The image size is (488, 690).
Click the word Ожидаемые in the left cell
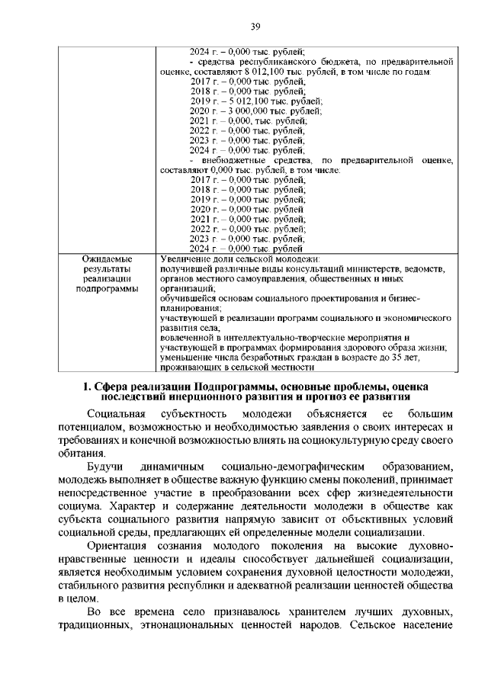(108, 259)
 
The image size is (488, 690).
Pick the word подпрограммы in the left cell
(108, 289)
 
